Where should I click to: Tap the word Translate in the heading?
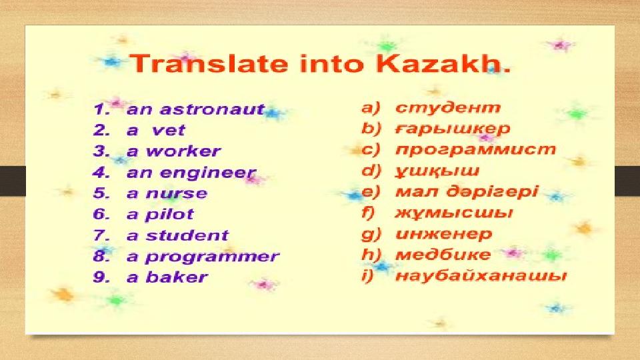coord(209,64)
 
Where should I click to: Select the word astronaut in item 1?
coord(212,109)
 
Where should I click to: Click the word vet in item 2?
coord(168,131)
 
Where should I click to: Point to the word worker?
coord(184,151)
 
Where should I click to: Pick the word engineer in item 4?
coord(208,173)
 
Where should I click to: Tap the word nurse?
coord(177,193)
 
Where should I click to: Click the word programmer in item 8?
coord(213,257)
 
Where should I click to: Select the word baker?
coord(177,277)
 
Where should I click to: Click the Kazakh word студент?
coord(448,108)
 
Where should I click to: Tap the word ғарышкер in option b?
coord(453,129)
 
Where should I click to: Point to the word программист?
coord(475,150)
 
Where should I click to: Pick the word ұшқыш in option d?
coord(437,171)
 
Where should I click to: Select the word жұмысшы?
coord(454,213)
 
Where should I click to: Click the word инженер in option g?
coord(444,234)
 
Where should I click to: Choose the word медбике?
coord(443,255)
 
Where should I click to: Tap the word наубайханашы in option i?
coord(481,276)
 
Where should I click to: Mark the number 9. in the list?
coord(101,277)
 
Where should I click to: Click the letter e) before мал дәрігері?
coord(371,192)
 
